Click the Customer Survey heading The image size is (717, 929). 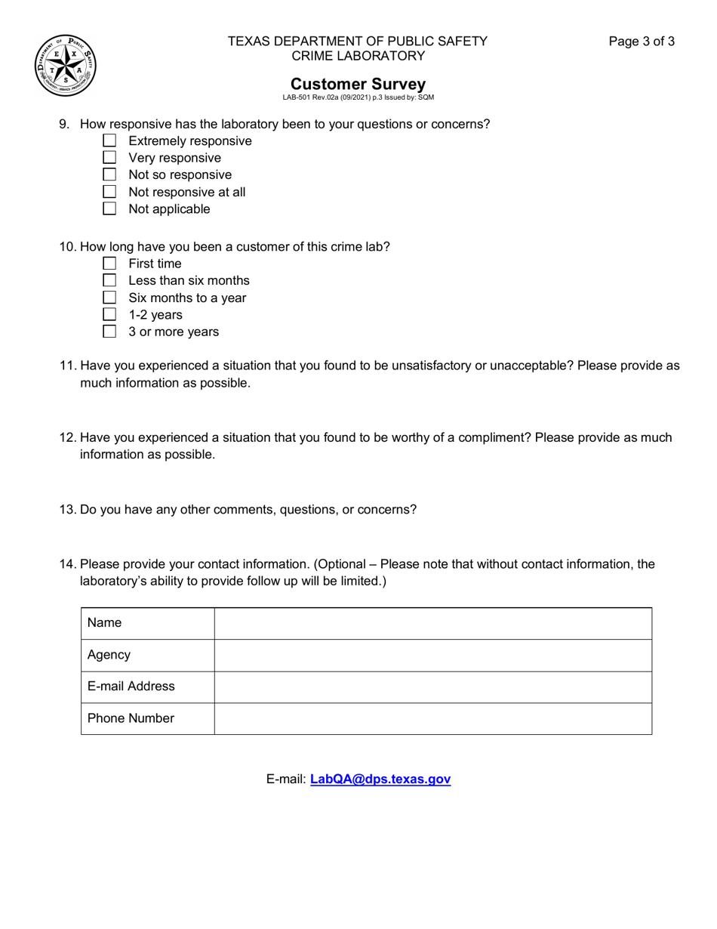(358, 84)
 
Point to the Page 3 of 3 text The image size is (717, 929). (642, 42)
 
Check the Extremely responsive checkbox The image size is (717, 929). (109, 141)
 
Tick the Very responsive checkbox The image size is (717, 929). (109, 158)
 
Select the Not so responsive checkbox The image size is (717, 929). (109, 175)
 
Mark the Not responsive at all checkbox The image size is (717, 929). (109, 192)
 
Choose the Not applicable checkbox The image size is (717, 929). (109, 209)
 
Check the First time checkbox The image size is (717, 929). (109, 264)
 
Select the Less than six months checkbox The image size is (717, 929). (109, 281)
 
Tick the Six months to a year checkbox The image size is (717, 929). (109, 298)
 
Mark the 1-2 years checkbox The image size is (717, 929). (109, 315)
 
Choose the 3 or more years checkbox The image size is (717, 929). (109, 332)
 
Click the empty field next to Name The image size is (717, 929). (432, 624)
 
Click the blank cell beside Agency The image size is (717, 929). (432, 656)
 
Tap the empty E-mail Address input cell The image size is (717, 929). (432, 687)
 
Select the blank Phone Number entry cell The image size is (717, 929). (432, 719)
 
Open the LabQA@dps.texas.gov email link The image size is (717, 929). (380, 779)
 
